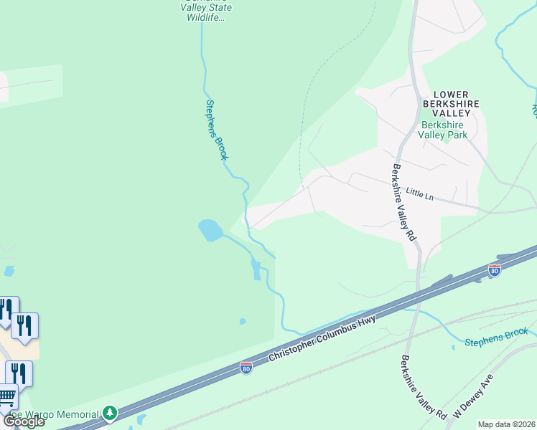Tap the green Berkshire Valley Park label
pyautogui.click(x=444, y=129)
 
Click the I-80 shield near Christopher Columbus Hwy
pyautogui.click(x=246, y=368)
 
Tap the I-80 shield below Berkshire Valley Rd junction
pyautogui.click(x=493, y=270)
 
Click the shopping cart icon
pyautogui.click(x=7, y=396)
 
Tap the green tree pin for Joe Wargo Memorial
pyautogui.click(x=109, y=414)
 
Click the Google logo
pyautogui.click(x=23, y=421)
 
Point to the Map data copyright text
pyautogui.click(x=507, y=424)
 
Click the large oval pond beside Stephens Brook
pyautogui.click(x=210, y=230)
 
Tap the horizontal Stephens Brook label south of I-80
pyautogui.click(x=496, y=336)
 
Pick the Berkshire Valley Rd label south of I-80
pyautogui.click(x=424, y=388)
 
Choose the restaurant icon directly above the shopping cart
pyautogui.click(x=18, y=373)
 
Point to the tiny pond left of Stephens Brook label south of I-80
pyautogui.click(x=454, y=348)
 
